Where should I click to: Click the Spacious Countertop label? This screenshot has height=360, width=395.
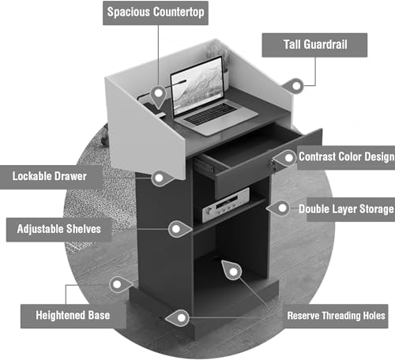(156, 13)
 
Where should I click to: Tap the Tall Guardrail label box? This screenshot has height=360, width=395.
(314, 45)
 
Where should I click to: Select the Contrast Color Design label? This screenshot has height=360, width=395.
(346, 157)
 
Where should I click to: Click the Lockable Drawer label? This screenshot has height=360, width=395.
(50, 177)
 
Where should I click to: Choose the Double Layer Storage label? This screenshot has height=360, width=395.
(350, 209)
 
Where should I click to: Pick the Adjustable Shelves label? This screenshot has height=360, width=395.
(59, 229)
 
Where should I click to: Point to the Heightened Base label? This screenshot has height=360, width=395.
(73, 316)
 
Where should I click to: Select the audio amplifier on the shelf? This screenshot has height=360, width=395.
(226, 205)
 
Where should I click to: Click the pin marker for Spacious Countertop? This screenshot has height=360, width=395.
(158, 96)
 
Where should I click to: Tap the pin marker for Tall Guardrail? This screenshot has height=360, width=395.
(292, 85)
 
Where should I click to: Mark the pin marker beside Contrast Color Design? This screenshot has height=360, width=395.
(285, 158)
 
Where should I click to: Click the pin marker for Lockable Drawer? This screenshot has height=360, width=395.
(163, 178)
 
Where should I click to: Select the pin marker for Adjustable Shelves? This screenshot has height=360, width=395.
(180, 229)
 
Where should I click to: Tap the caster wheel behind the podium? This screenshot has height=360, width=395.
(105, 135)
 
